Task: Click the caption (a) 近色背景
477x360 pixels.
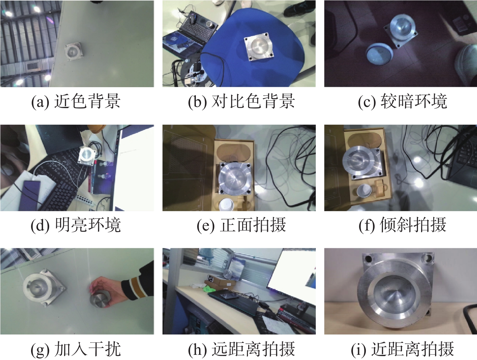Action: [x=76, y=101]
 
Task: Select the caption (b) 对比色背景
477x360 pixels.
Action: [x=241, y=101]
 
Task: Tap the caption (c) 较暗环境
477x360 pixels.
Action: [x=403, y=101]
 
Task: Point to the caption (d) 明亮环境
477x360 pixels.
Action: [x=76, y=225]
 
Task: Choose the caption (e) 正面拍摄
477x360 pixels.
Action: [x=241, y=225]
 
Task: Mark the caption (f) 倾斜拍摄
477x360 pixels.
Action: [x=403, y=225]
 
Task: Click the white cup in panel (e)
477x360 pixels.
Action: [x=226, y=205]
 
